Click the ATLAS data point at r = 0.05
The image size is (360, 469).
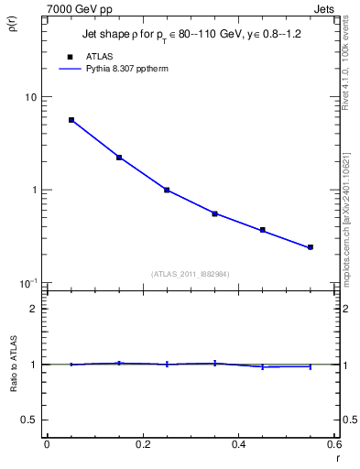coord(71,120)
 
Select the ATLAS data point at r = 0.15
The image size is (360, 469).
coord(119,158)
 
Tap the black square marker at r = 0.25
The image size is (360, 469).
coord(167,190)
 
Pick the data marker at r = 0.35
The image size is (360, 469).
coord(214,213)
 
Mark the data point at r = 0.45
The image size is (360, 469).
coord(262,230)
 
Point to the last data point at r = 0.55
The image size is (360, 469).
coord(311,247)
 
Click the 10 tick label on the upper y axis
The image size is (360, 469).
coord(30,97)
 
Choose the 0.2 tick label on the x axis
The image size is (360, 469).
coord(142,444)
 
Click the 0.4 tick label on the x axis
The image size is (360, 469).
coord(238,444)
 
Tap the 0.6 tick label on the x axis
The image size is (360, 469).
coord(333,444)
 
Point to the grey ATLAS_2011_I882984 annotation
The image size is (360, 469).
coord(190,273)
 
